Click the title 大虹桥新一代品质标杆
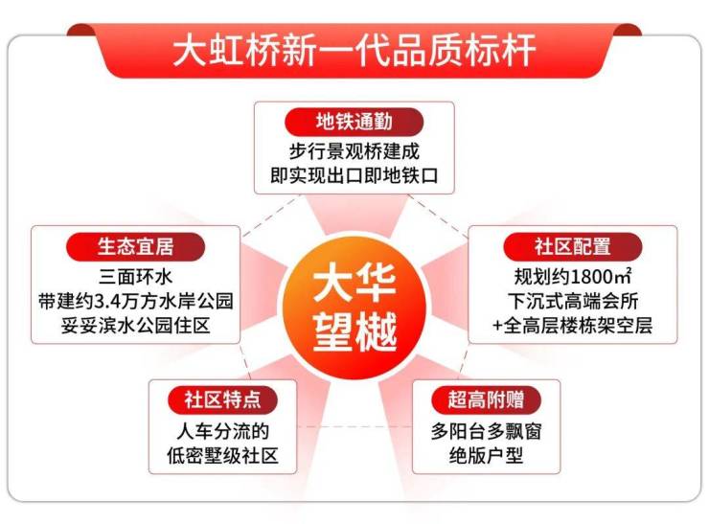click(x=354, y=49)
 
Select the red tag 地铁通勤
click(x=354, y=122)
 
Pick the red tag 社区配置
click(x=572, y=246)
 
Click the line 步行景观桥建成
click(x=354, y=151)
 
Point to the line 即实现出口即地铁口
click(x=354, y=178)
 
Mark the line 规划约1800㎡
click(x=572, y=277)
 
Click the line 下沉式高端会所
click(x=572, y=302)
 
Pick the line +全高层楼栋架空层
click(x=572, y=328)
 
